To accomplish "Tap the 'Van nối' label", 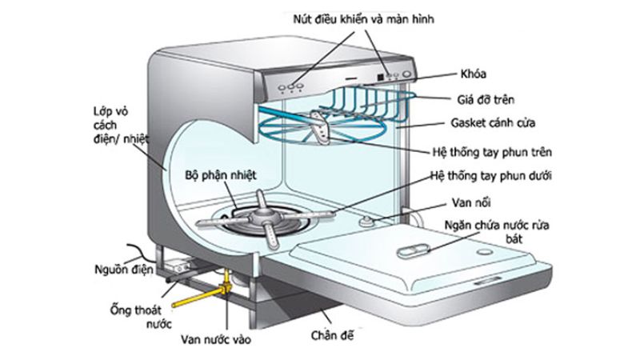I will tap(463, 201).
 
